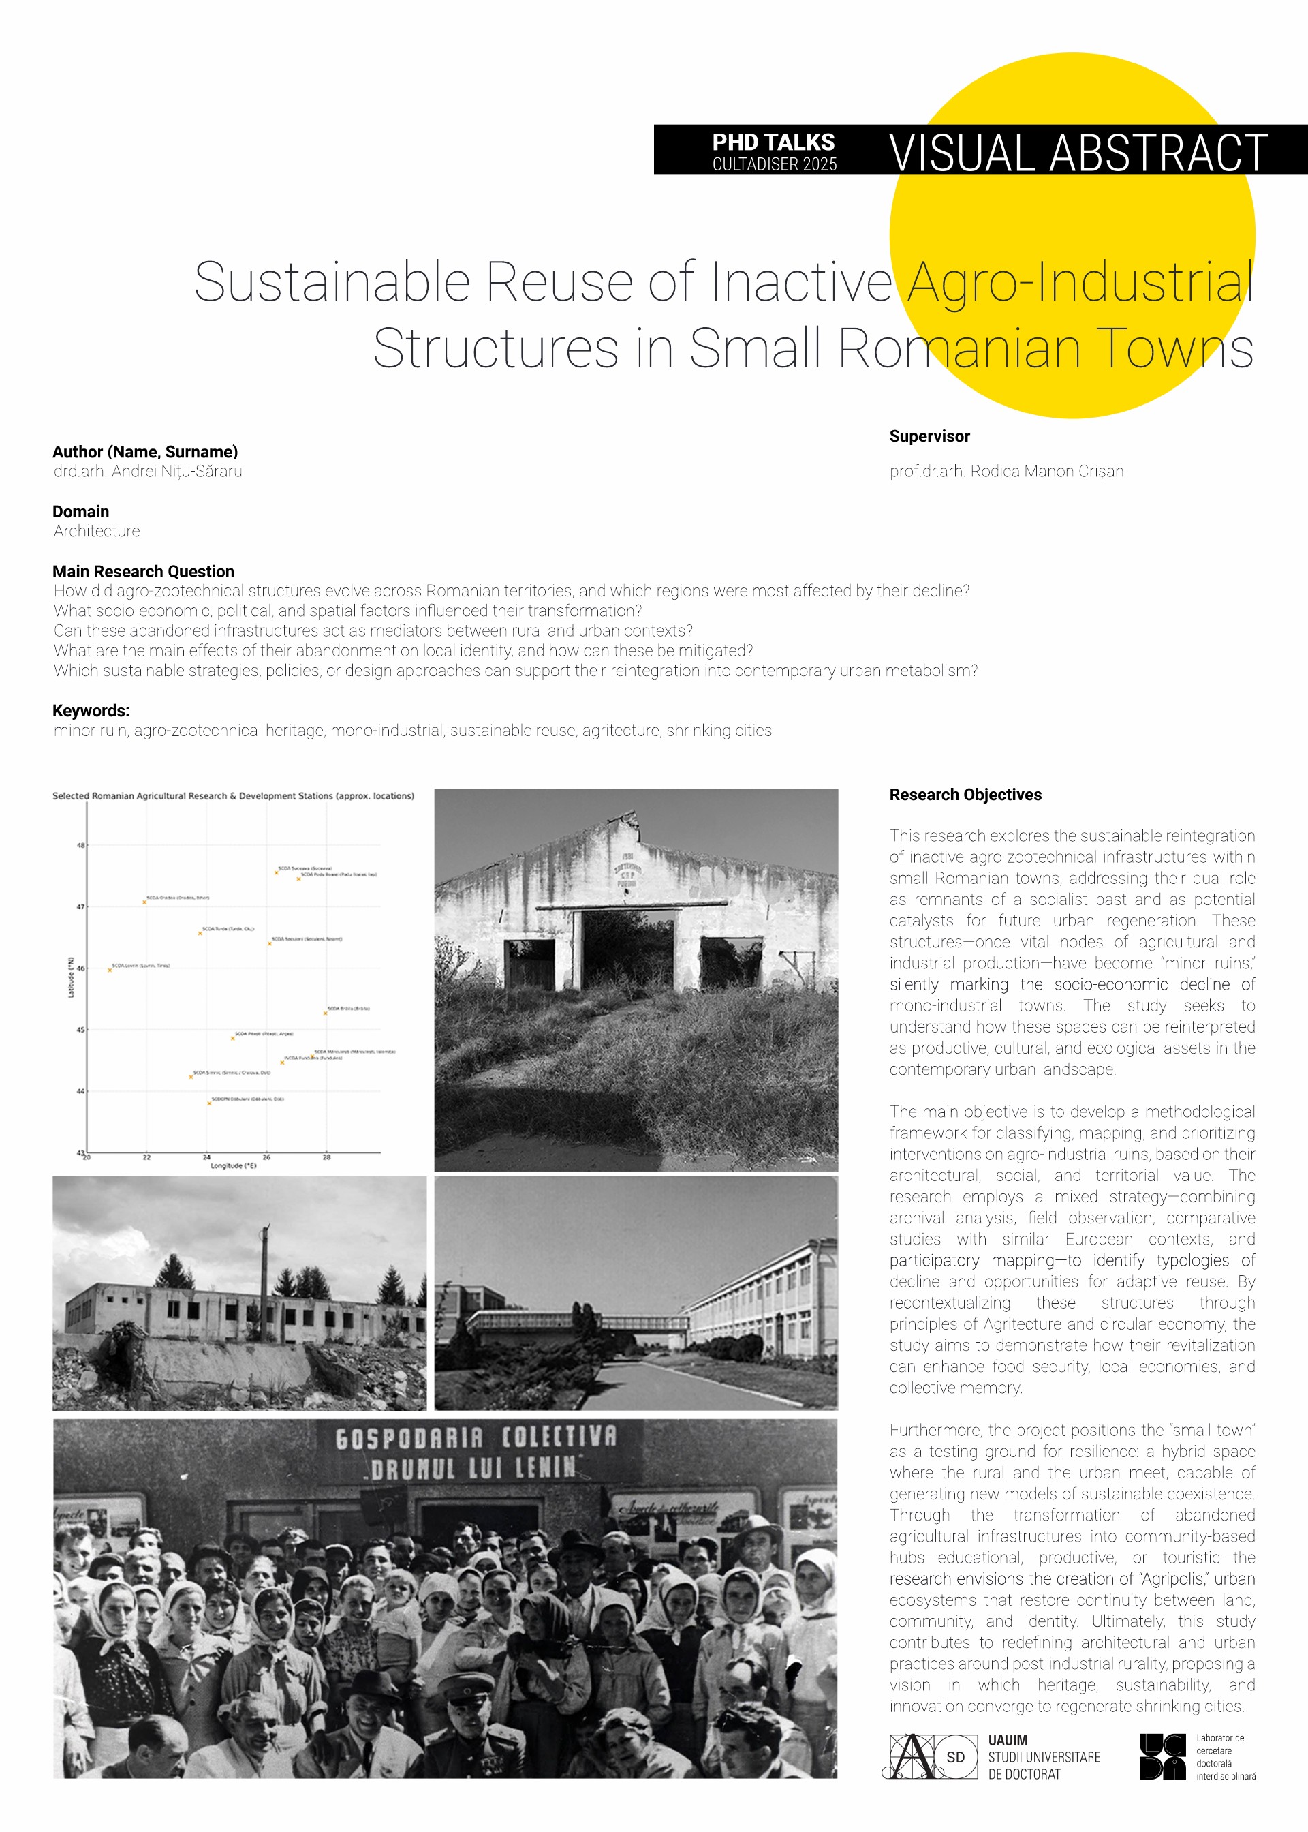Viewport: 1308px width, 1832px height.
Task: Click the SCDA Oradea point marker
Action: [x=145, y=902]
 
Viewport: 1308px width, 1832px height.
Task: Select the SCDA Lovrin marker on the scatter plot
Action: [x=110, y=970]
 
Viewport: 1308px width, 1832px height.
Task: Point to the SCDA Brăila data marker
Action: [x=326, y=1013]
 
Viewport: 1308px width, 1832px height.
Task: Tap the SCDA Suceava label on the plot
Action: [x=305, y=868]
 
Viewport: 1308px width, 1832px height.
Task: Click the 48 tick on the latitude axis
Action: [x=80, y=845]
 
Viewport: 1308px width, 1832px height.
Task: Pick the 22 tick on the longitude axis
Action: [x=146, y=1157]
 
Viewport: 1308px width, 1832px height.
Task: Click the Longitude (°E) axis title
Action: [x=234, y=1165]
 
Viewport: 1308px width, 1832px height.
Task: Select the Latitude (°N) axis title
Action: [x=71, y=978]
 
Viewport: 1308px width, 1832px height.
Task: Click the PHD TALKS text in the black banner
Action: [x=773, y=142]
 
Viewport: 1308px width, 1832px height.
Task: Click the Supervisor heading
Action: [x=929, y=436]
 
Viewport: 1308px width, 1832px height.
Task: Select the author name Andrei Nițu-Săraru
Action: [x=176, y=472]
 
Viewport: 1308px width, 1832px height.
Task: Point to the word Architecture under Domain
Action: [x=97, y=531]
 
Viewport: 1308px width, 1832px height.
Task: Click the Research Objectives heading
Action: [x=965, y=795]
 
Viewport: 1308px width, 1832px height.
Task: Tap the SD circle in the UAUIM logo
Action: [x=955, y=1757]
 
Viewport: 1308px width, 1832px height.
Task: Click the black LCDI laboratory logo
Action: [x=1162, y=1756]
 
